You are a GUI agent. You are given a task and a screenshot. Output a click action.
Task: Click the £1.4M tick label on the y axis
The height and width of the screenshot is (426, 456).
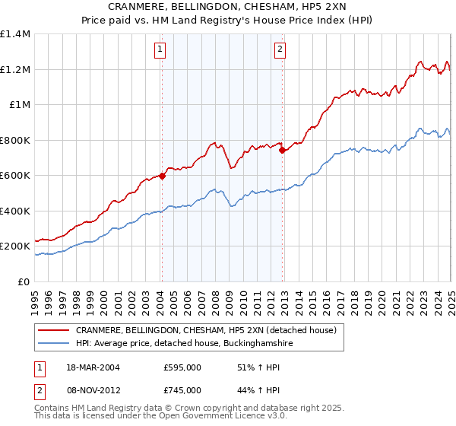pyautogui.click(x=15, y=34)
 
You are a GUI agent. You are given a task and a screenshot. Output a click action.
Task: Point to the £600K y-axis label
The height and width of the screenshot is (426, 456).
pyautogui.click(x=15, y=176)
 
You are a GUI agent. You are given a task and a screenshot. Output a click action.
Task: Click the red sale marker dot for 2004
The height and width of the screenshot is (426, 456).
pyautogui.click(x=163, y=176)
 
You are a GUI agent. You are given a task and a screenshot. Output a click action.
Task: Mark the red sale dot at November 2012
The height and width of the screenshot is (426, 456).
pyautogui.click(x=282, y=150)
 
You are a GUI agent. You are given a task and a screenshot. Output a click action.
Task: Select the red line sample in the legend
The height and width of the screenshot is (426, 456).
pyautogui.click(x=54, y=330)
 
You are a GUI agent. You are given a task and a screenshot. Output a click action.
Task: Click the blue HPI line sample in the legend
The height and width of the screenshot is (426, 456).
pyautogui.click(x=54, y=344)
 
